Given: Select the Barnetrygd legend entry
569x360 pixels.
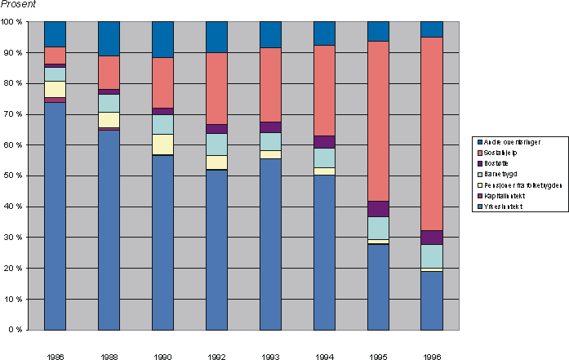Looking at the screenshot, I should tap(500, 174).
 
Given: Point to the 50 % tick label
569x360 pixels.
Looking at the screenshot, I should tap(11, 176).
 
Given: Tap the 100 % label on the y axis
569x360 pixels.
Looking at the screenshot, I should tap(11, 21).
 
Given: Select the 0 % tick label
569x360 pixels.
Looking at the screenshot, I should tap(14, 330).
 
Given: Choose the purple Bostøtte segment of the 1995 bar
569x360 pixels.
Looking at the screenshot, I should tap(377, 208).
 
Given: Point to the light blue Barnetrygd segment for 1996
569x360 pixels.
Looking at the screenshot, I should tap(431, 256).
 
